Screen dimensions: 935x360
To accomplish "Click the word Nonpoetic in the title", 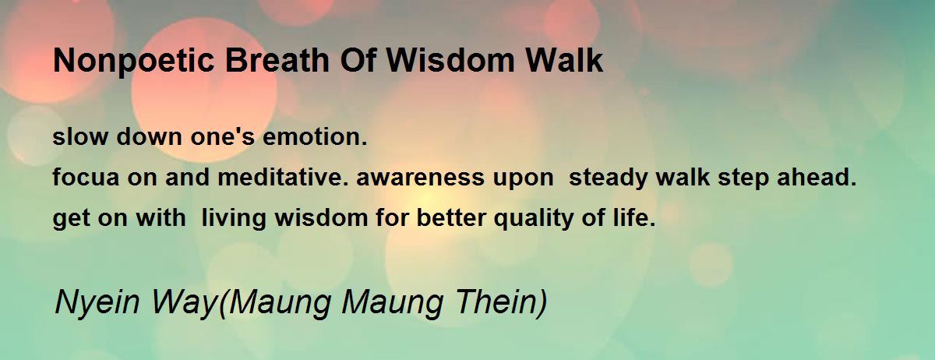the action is click(133, 62).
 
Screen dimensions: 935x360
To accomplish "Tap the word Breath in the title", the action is click(277, 60).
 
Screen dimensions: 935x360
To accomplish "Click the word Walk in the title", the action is click(564, 60).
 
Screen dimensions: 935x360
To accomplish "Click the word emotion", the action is click(315, 136).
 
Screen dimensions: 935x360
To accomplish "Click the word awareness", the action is click(420, 177).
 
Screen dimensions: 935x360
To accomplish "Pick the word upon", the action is click(523, 179).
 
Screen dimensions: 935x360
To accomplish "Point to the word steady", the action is click(609, 179).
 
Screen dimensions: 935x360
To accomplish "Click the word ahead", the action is click(817, 177).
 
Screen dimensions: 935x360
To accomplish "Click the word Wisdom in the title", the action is click(452, 60).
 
